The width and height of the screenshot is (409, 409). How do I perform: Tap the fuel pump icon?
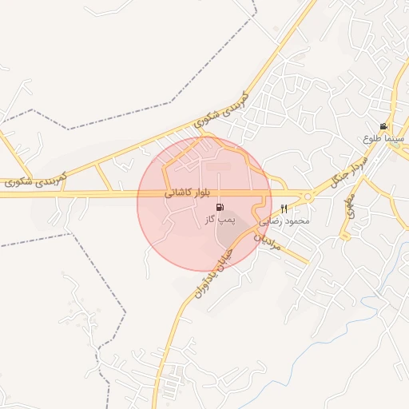(220, 208)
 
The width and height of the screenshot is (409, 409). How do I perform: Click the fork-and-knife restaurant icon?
(284, 208)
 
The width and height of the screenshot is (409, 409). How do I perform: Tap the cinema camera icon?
(384, 127)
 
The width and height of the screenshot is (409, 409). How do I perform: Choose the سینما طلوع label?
(380, 138)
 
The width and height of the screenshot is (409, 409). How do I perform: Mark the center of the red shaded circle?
(204, 203)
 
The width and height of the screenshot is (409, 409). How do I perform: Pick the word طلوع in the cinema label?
(371, 138)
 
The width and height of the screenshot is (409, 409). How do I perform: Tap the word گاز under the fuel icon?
(211, 219)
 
